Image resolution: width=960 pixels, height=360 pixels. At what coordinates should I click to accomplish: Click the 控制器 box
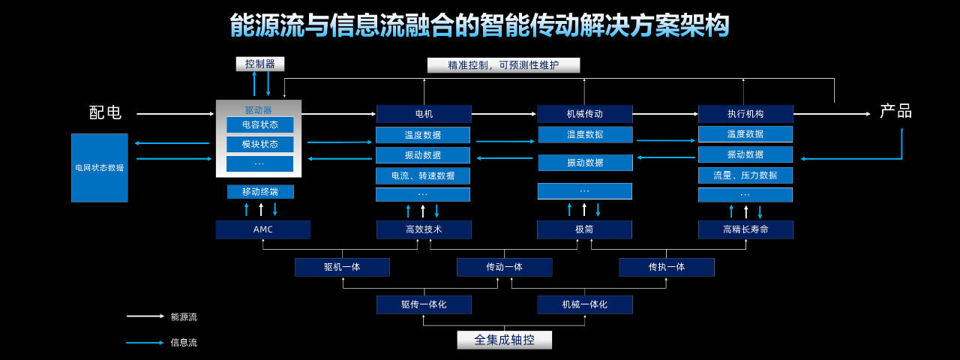pyautogui.click(x=260, y=64)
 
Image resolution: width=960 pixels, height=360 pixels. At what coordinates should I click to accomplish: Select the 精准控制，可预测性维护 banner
pyautogui.click(x=503, y=65)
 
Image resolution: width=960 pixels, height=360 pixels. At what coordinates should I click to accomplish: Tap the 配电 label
pyautogui.click(x=105, y=113)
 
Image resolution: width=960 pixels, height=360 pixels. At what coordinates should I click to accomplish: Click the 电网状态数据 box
pyautogui.click(x=100, y=168)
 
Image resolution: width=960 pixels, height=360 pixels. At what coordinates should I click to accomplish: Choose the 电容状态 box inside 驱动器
pyautogui.click(x=259, y=124)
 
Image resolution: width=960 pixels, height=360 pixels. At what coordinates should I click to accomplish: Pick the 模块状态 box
pyautogui.click(x=259, y=144)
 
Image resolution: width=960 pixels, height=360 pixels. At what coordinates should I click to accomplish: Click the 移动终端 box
pyautogui.click(x=260, y=192)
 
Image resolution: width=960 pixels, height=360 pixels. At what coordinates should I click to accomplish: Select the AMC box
pyautogui.click(x=262, y=229)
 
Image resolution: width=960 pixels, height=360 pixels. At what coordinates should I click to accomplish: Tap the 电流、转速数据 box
pyautogui.click(x=423, y=175)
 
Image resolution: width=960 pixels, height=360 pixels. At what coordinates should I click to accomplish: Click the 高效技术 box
pyautogui.click(x=424, y=229)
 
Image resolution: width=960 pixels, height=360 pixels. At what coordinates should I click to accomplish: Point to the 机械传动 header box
pyautogui.click(x=584, y=114)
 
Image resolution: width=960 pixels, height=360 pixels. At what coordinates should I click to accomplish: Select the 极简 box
pyautogui.click(x=584, y=229)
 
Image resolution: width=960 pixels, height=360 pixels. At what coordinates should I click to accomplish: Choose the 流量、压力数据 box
pyautogui.click(x=745, y=175)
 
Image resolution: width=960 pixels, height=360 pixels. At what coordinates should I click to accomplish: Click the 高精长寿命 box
pyautogui.click(x=745, y=229)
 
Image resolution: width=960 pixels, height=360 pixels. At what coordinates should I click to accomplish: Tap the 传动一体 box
pyautogui.click(x=504, y=267)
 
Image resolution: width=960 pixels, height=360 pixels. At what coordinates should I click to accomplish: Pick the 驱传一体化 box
pyautogui.click(x=424, y=304)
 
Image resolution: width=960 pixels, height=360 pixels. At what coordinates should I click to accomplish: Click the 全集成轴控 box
pyautogui.click(x=504, y=340)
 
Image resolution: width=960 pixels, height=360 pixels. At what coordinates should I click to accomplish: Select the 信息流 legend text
pyautogui.click(x=184, y=343)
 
